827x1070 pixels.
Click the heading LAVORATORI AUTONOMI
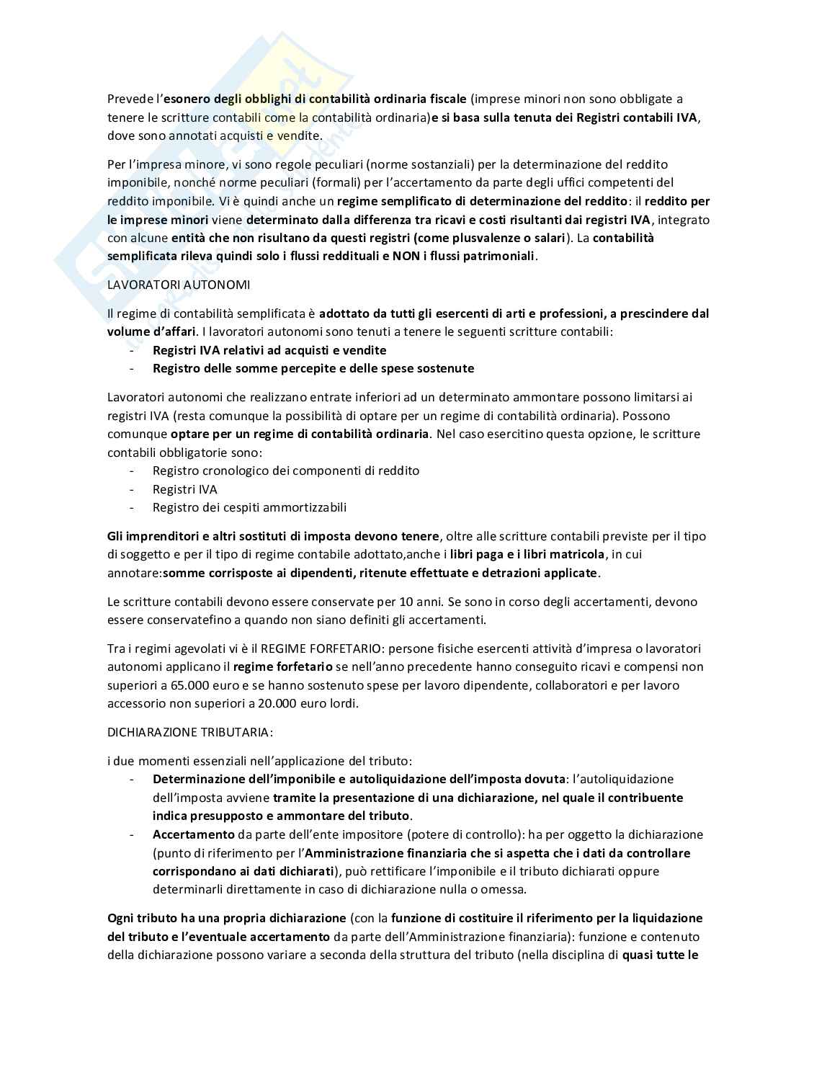click(x=179, y=285)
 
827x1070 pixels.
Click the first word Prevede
click(x=129, y=99)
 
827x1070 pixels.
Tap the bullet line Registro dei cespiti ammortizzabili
click(x=249, y=507)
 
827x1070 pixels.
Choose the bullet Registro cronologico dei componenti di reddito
click(x=285, y=471)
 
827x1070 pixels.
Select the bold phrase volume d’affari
click(x=150, y=332)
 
